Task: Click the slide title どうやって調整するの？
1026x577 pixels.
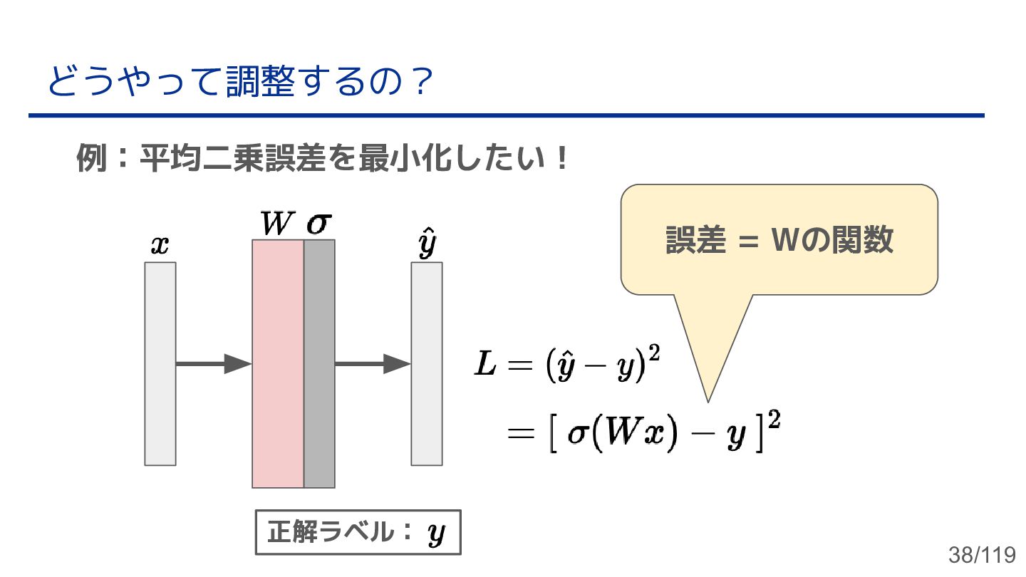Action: point(240,83)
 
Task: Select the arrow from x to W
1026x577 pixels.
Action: point(213,363)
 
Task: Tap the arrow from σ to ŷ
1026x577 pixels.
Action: point(373,363)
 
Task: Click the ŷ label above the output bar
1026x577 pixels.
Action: point(426,244)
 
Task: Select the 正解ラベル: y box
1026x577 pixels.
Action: point(358,532)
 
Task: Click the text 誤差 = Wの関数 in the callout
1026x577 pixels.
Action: point(779,240)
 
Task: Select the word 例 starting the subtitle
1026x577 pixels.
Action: point(88,159)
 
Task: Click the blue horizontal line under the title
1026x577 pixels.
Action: point(506,115)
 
